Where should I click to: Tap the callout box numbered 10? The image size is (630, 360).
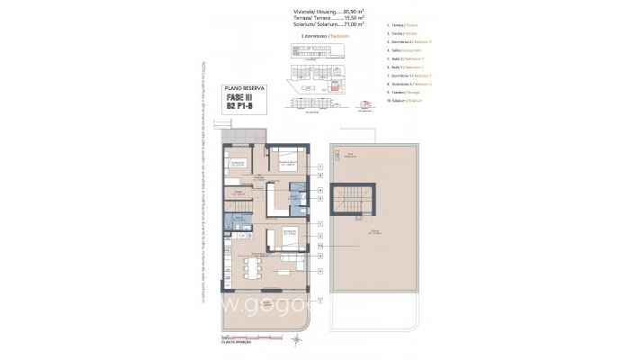coord(319,245)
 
